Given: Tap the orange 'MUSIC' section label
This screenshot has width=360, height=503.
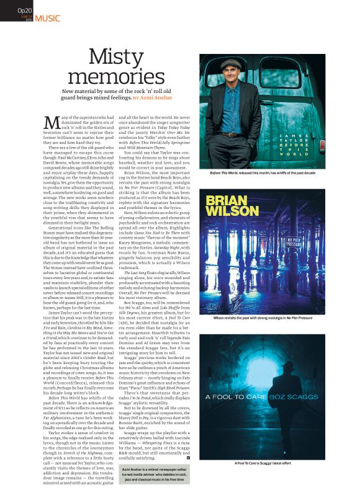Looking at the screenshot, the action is click(x=48, y=18).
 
